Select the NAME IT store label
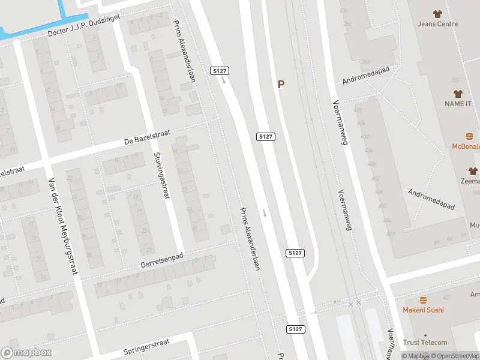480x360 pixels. pyautogui.click(x=458, y=104)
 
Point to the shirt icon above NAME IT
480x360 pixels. pyautogui.click(x=458, y=93)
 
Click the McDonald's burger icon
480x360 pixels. pyautogui.click(x=470, y=136)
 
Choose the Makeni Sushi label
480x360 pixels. pyautogui.click(x=423, y=310)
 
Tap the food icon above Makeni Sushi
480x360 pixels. pyautogui.click(x=423, y=299)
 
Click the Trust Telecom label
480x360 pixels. pyautogui.click(x=425, y=343)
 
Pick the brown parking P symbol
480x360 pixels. pyautogui.click(x=280, y=85)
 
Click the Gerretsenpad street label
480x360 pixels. pyautogui.click(x=161, y=260)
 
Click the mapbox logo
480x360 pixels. pyautogui.click(x=26, y=352)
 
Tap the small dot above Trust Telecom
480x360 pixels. pyautogui.click(x=425, y=335)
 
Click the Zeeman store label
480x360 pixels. pyautogui.click(x=471, y=181)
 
